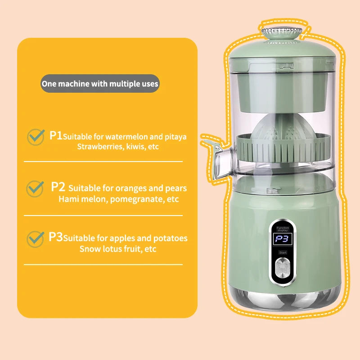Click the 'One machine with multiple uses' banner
(100, 84)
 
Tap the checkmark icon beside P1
(36, 137)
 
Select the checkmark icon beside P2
(36, 188)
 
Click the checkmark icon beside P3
(36, 238)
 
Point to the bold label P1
(56, 135)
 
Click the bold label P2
(58, 186)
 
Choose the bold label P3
(56, 237)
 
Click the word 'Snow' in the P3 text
(90, 249)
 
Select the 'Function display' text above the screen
(283, 229)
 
